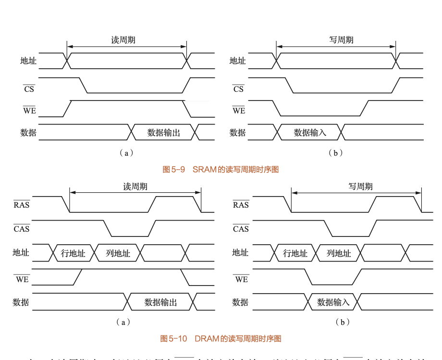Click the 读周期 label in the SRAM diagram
(123, 40)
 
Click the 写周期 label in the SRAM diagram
(341, 40)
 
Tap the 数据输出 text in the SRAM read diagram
(163, 133)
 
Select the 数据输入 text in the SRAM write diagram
(310, 133)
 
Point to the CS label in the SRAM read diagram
(29, 89)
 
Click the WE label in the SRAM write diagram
(239, 111)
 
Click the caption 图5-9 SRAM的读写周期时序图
(221, 169)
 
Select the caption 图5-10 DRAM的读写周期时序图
(221, 338)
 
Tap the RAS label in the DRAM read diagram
(22, 205)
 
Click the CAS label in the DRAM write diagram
(241, 229)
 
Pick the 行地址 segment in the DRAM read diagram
(73, 253)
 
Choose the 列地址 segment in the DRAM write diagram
(339, 253)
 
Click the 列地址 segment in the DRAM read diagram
(118, 253)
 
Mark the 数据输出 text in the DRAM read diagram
(160, 302)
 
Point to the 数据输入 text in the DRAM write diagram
(333, 302)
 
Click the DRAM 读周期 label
(135, 186)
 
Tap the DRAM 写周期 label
(360, 186)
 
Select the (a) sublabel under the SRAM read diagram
(125, 153)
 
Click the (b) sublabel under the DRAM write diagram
(342, 322)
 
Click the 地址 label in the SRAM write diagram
(238, 61)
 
